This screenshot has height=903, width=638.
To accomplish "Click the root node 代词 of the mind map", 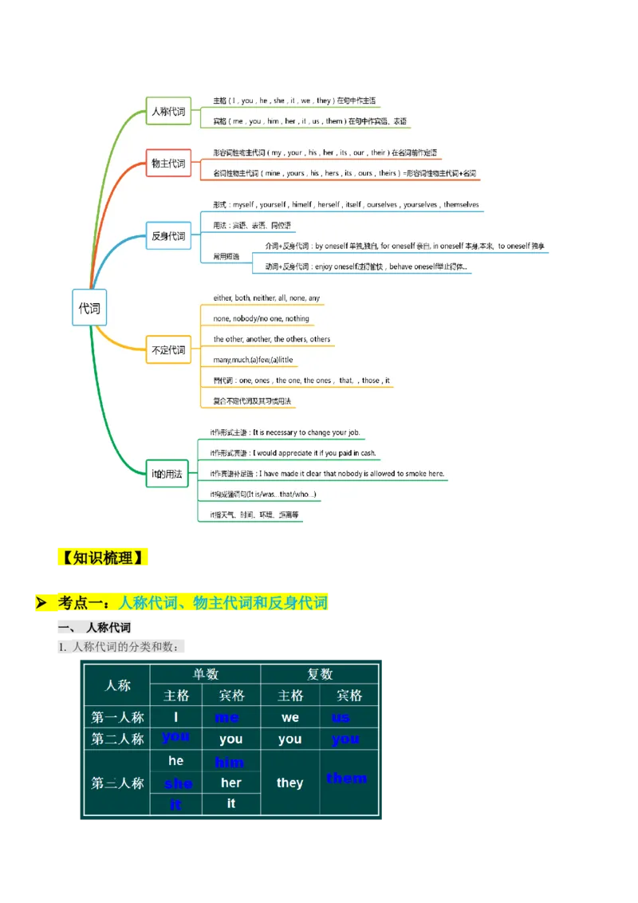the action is pos(89,307).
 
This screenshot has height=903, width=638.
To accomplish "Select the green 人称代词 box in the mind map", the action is pos(168,112).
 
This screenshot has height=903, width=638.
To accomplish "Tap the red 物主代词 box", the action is pos(168,164).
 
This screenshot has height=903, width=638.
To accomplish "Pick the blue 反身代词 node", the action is pos(168,236).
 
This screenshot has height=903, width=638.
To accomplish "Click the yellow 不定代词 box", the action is pos(168,349).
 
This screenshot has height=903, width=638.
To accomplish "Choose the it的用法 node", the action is pos(167,474).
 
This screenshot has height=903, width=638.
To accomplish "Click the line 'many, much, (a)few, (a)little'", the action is pos(253,360).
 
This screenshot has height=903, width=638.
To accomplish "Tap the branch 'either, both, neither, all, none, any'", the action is pos(266,298).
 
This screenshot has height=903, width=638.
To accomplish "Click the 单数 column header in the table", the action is pos(206,674).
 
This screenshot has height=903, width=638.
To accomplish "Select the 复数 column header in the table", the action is pos(320,674).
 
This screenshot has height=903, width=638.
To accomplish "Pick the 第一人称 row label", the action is pos(118,717).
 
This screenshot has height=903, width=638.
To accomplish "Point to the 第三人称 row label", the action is pos(118,783).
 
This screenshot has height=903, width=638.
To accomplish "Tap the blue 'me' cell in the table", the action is pos(227,717).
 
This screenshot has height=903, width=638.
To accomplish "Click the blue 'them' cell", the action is pos(347,778).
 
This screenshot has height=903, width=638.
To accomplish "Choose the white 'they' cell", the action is pos(289,783).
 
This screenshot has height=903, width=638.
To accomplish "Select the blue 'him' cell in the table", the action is pos(230,763).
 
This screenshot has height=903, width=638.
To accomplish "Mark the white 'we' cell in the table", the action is pos(289,717).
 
